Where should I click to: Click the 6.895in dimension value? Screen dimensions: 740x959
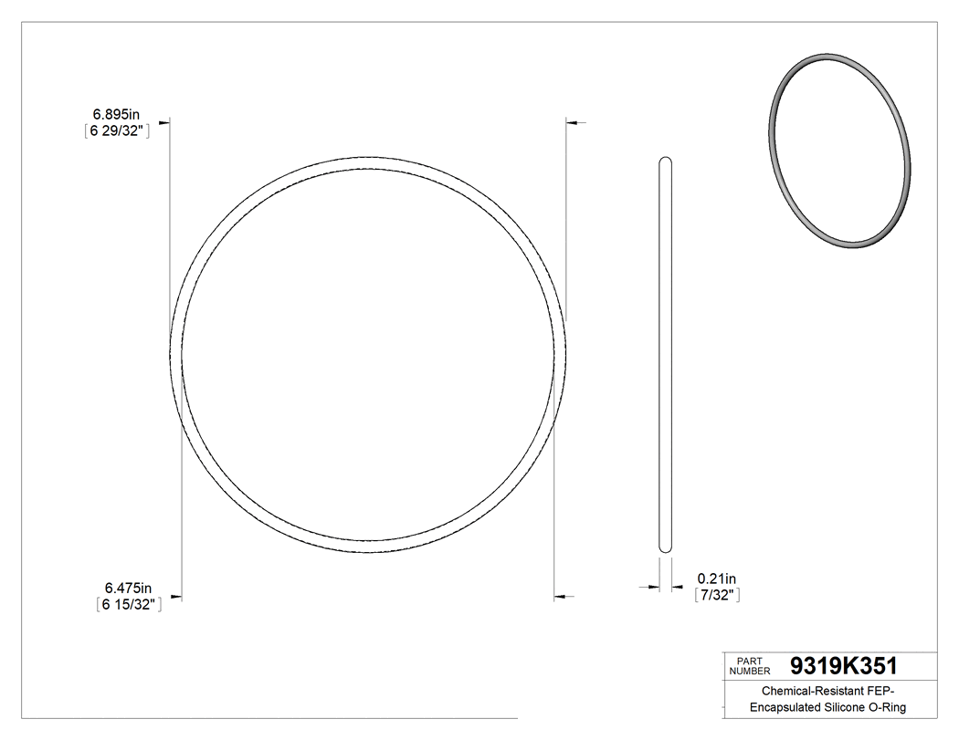click(x=115, y=114)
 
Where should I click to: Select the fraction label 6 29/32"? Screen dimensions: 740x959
click(x=115, y=130)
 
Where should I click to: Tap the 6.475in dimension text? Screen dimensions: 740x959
click(x=128, y=588)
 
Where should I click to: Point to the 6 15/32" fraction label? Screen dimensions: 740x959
click(x=129, y=604)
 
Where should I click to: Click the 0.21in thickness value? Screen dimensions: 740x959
click(x=717, y=578)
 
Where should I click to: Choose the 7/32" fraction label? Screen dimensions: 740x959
click(x=717, y=595)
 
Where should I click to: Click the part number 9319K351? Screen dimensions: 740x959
click(x=843, y=665)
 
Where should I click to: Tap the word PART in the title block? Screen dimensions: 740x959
click(x=747, y=661)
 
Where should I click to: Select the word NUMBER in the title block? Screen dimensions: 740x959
click(x=750, y=671)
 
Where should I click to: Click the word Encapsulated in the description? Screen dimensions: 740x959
click(x=787, y=708)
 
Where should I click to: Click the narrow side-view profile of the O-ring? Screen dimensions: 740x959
click(x=665, y=356)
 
